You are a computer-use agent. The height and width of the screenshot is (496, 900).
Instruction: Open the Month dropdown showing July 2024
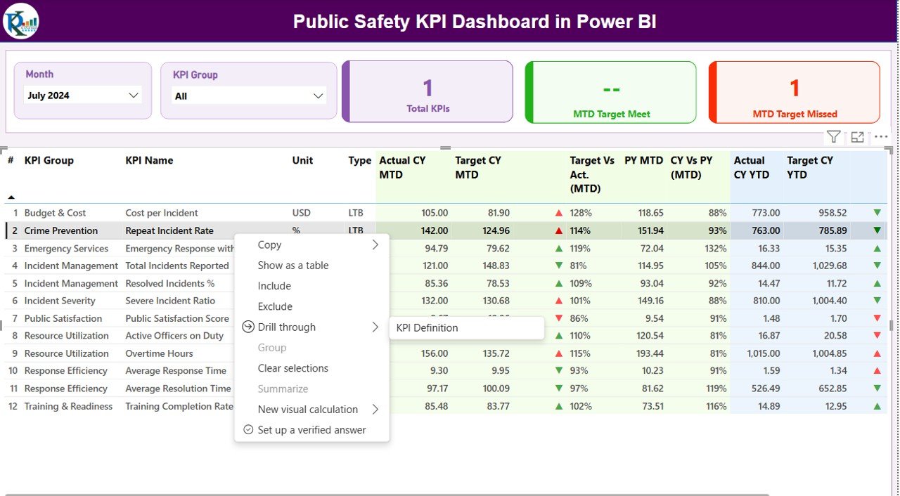tap(83, 96)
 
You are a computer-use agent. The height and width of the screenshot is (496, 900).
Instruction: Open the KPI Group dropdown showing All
tap(248, 96)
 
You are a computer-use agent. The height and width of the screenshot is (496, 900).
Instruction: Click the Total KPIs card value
tap(427, 89)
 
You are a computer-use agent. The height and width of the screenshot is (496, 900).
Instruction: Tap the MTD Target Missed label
tap(795, 114)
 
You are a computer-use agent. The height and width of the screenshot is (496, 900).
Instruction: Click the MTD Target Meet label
tap(611, 114)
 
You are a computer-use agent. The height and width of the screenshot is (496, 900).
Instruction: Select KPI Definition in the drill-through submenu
tap(427, 327)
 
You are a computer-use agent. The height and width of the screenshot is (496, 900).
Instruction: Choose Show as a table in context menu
tap(293, 266)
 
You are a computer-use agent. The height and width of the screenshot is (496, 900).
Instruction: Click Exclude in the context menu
tap(275, 306)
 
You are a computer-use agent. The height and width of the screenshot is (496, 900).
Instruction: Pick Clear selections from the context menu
tap(293, 368)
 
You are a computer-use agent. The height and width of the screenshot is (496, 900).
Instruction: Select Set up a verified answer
tap(311, 430)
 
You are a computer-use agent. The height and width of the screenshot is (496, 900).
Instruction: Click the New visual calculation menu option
tap(308, 410)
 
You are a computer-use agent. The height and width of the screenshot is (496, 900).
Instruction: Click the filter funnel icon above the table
tap(833, 137)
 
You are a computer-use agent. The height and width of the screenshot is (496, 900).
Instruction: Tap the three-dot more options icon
tap(881, 137)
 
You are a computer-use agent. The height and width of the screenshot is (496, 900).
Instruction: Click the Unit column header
tap(302, 160)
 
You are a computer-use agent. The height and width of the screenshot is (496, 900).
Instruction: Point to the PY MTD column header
tap(643, 160)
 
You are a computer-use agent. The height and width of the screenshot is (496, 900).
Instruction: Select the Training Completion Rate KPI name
tap(179, 406)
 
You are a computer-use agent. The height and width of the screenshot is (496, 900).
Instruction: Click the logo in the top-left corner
tap(21, 21)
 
